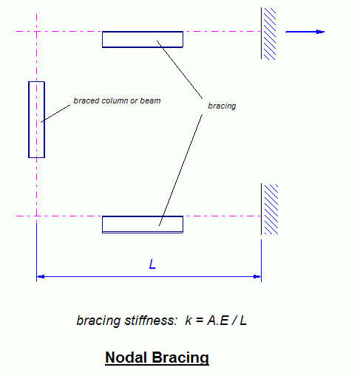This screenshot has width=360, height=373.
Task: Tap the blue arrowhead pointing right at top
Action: (x=320, y=32)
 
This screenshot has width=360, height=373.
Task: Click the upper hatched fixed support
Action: (x=268, y=33)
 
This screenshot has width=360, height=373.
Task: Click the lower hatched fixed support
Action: (x=270, y=209)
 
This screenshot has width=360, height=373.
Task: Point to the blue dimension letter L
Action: (x=152, y=264)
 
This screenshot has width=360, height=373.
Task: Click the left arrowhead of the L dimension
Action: (x=41, y=277)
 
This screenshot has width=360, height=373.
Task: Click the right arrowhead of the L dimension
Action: (x=257, y=277)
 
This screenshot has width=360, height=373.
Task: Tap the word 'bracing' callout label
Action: (x=222, y=106)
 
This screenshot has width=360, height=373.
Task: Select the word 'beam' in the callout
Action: (x=150, y=100)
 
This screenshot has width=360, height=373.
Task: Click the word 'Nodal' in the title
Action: (x=124, y=357)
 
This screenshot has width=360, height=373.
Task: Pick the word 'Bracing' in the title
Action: (x=180, y=357)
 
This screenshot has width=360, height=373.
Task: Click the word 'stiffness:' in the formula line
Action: (x=151, y=321)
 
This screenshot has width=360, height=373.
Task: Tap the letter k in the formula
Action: (x=189, y=321)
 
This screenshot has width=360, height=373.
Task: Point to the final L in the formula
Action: (x=243, y=321)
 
